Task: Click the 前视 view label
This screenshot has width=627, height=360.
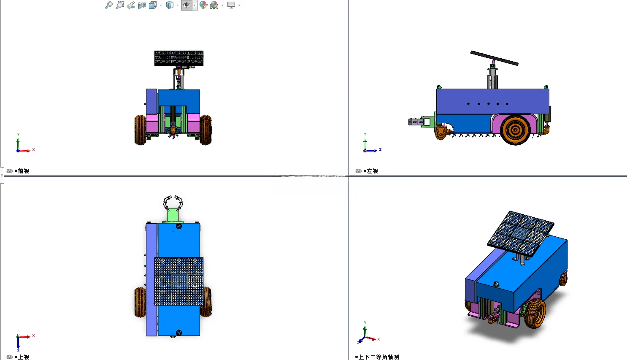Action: tap(24, 171)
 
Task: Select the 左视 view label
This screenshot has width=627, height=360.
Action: tap(372, 171)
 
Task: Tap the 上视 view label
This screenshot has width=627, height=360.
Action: tap(24, 357)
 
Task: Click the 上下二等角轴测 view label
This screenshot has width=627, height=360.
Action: tap(379, 357)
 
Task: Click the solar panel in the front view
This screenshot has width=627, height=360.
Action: tap(179, 58)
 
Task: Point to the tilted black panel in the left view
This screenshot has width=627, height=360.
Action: tap(495, 58)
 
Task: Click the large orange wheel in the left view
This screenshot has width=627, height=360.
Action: tap(515, 130)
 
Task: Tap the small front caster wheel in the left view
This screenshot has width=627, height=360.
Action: tap(441, 133)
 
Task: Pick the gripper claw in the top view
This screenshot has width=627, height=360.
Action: tap(173, 203)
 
